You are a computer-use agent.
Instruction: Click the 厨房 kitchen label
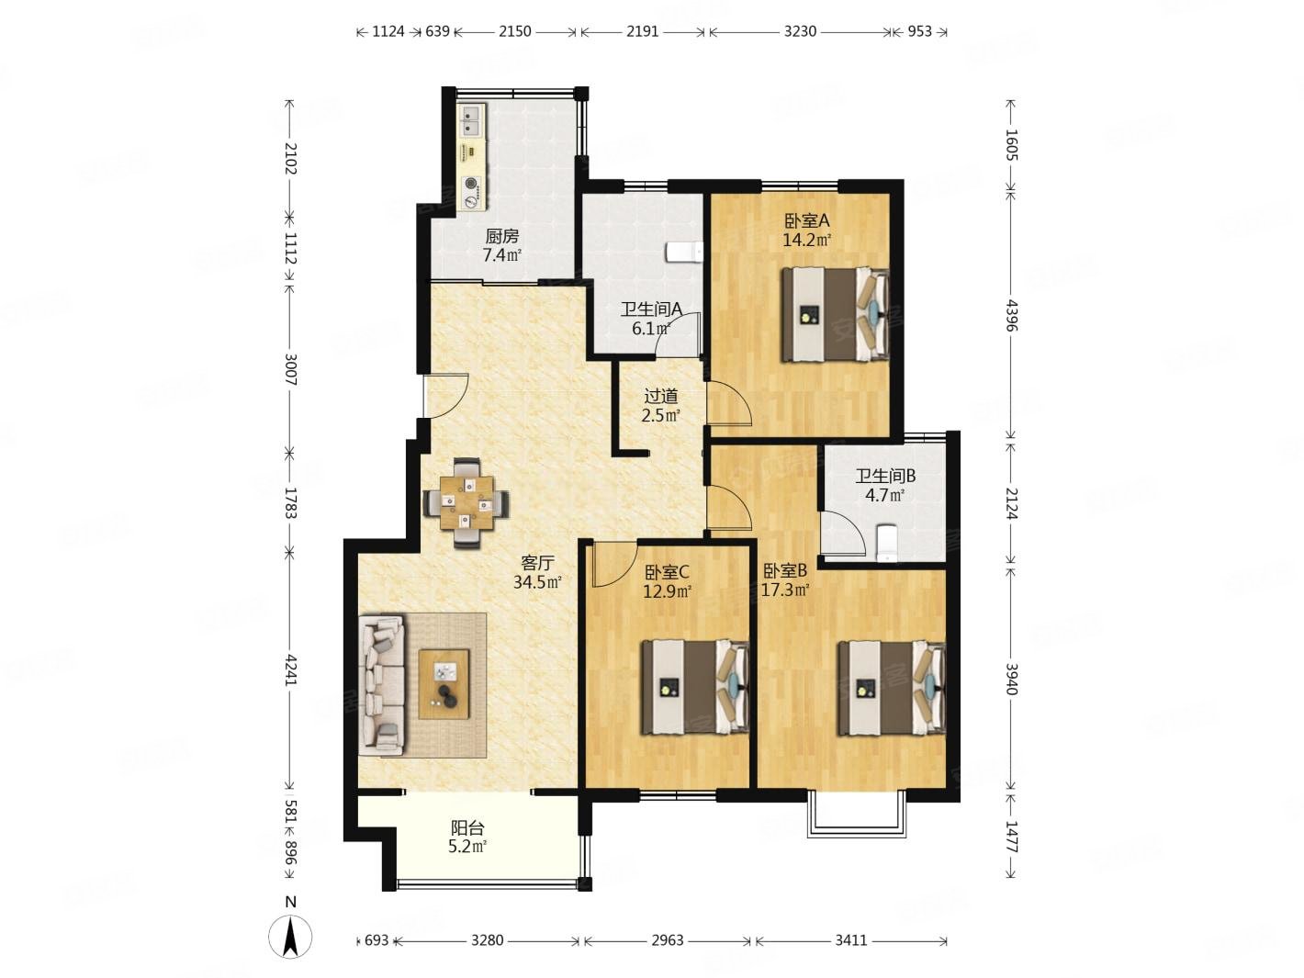coord(502,236)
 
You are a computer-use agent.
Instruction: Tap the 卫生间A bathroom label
coord(650,309)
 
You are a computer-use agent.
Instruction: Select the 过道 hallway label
coord(660,396)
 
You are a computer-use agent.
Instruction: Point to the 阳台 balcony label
coord(467,827)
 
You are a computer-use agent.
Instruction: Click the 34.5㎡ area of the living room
coord(537,581)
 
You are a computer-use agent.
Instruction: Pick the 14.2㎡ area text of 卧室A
coord(806,240)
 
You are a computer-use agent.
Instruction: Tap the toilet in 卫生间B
coord(886,542)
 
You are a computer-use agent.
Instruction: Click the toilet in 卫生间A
coord(684,252)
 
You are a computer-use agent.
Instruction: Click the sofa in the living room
coord(381,685)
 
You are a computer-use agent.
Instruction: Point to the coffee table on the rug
coord(444,684)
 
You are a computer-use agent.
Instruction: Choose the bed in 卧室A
coord(835,314)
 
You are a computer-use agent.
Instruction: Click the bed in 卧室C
coord(695,687)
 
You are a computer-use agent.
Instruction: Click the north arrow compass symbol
coord(290,938)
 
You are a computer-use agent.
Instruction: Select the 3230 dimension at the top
coord(800,31)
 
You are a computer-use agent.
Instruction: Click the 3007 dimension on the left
coord(290,369)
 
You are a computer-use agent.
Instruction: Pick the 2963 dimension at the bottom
coord(667,940)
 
